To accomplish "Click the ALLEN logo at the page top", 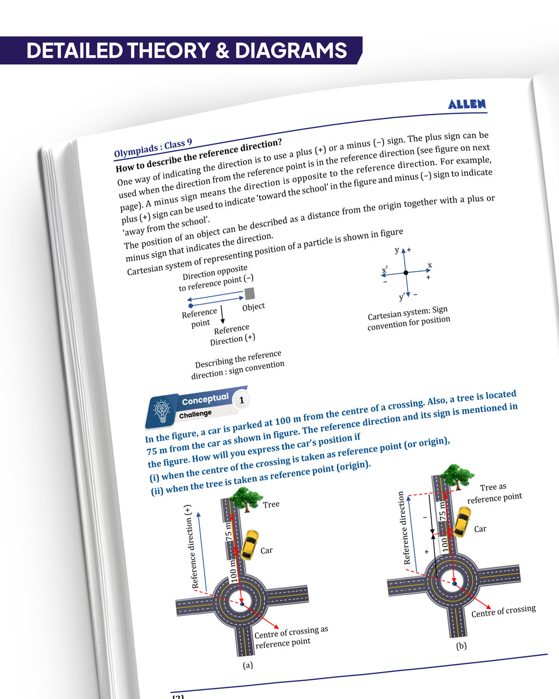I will [x=467, y=104].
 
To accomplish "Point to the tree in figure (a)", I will [x=246, y=498].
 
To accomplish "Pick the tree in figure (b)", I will [x=457, y=476].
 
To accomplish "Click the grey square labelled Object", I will [x=250, y=294].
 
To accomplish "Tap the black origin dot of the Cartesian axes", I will [x=406, y=272].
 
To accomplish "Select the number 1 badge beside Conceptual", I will [x=241, y=400].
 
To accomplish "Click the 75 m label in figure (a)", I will [x=228, y=531].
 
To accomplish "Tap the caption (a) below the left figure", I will [x=248, y=665].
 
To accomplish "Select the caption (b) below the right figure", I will [x=461, y=646].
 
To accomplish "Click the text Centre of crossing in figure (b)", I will [x=503, y=611].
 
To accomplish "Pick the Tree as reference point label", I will [x=494, y=493].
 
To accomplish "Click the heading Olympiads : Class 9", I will [x=153, y=148].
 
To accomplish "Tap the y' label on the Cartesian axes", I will [x=401, y=297].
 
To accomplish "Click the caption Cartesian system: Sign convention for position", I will [x=408, y=318].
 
